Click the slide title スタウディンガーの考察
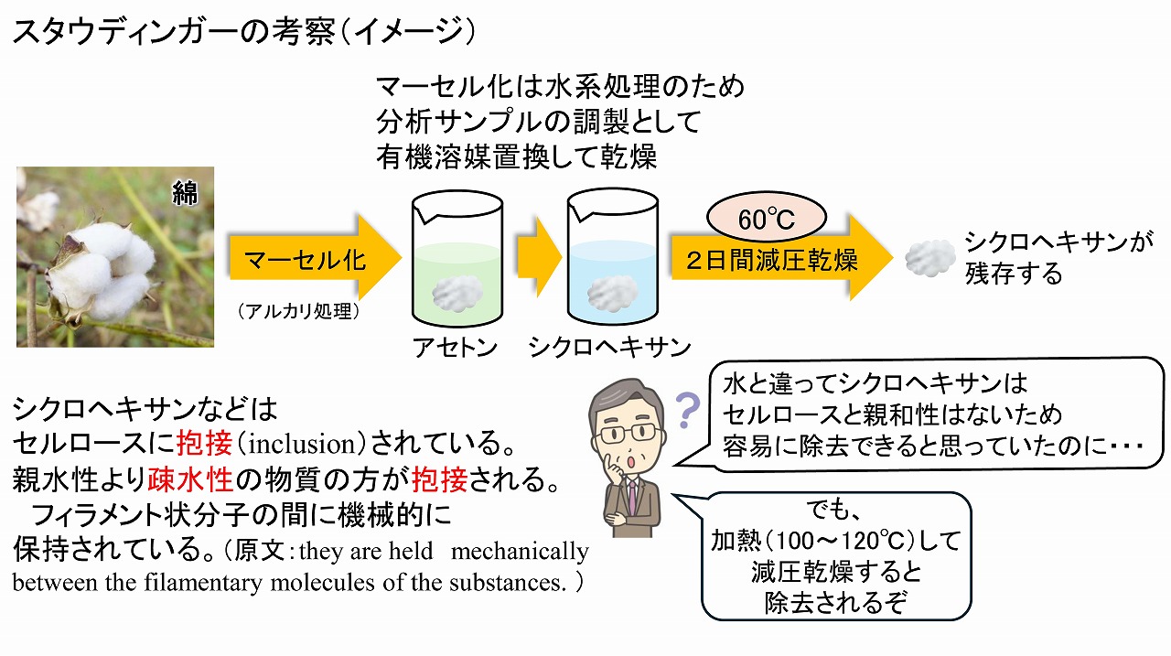[x=174, y=30]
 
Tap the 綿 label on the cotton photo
[x=186, y=193]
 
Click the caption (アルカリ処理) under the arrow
[x=298, y=312]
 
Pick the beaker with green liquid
[x=457, y=258]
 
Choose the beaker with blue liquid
[x=613, y=257]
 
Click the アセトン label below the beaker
[x=456, y=348]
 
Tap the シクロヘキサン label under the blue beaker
[x=609, y=348]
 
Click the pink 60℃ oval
[x=767, y=218]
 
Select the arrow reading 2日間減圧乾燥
[x=781, y=258]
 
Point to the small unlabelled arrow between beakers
[x=539, y=257]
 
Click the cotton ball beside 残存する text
[x=930, y=258]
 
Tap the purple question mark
[x=687, y=410]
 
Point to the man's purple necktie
[x=633, y=497]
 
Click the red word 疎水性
[x=190, y=479]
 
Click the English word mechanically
[x=520, y=552]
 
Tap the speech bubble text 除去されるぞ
[x=835, y=603]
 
